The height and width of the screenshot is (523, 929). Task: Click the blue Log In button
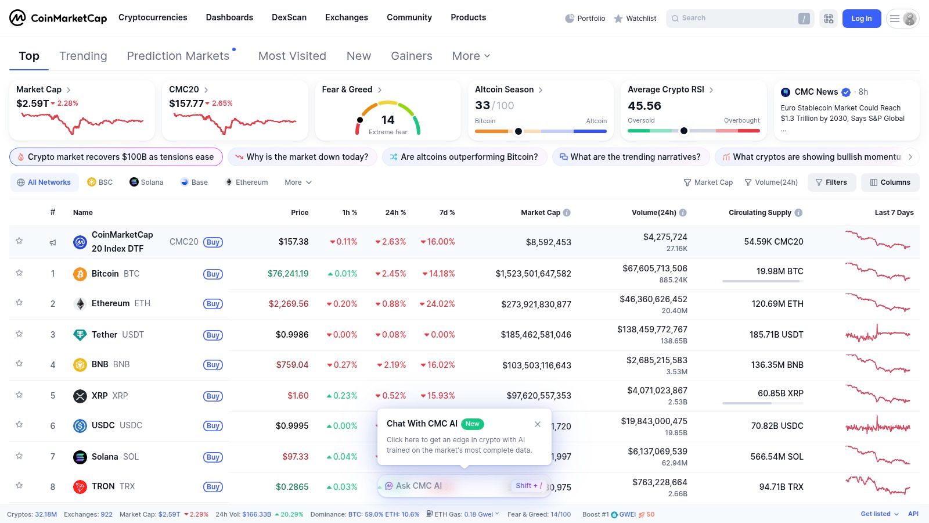(861, 19)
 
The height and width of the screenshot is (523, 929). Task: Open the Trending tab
(83, 56)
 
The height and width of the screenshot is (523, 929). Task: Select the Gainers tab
(411, 56)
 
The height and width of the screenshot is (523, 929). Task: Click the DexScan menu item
(289, 17)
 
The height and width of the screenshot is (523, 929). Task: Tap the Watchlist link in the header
(635, 19)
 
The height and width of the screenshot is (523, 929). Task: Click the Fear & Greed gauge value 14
(388, 120)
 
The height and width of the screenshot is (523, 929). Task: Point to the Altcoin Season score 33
(482, 106)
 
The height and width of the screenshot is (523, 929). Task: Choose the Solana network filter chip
(146, 182)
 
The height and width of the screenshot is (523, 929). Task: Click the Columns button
(890, 182)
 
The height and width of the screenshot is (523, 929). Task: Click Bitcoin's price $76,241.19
(288, 274)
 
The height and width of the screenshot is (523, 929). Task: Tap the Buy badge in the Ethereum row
(213, 304)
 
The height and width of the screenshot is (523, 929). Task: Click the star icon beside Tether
(19, 334)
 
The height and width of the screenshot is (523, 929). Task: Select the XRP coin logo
(80, 396)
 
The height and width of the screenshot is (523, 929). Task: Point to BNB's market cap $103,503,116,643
(536, 366)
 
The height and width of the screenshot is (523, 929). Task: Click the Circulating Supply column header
(759, 213)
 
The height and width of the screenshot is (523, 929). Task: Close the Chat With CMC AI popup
(538, 424)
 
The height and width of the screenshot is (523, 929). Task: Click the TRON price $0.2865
(292, 487)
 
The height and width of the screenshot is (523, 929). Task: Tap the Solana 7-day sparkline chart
(878, 456)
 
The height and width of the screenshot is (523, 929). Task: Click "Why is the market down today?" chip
(303, 157)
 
